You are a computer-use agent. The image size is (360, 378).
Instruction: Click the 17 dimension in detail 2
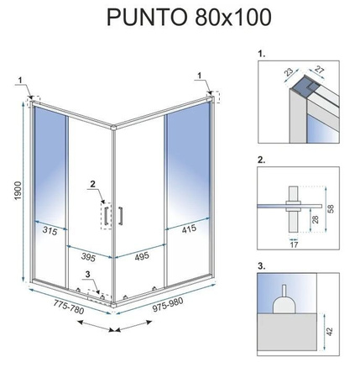pos(293,245)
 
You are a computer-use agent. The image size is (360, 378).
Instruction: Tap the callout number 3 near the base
pos(87,273)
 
